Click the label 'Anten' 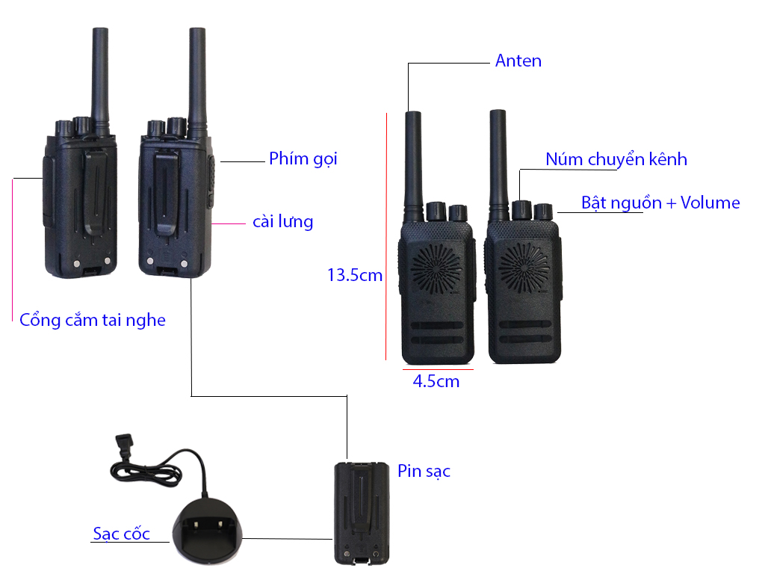click(518, 61)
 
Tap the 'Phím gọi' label click(303, 158)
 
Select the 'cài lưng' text click(282, 221)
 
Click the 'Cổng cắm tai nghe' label click(93, 320)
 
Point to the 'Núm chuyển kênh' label click(616, 159)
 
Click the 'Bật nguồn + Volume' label click(660, 203)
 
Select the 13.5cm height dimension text click(355, 275)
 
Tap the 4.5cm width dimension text click(436, 381)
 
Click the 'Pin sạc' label click(424, 471)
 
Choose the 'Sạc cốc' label click(121, 534)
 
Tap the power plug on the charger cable click(121, 446)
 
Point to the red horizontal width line click(438, 369)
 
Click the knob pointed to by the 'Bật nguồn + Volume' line click(543, 212)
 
